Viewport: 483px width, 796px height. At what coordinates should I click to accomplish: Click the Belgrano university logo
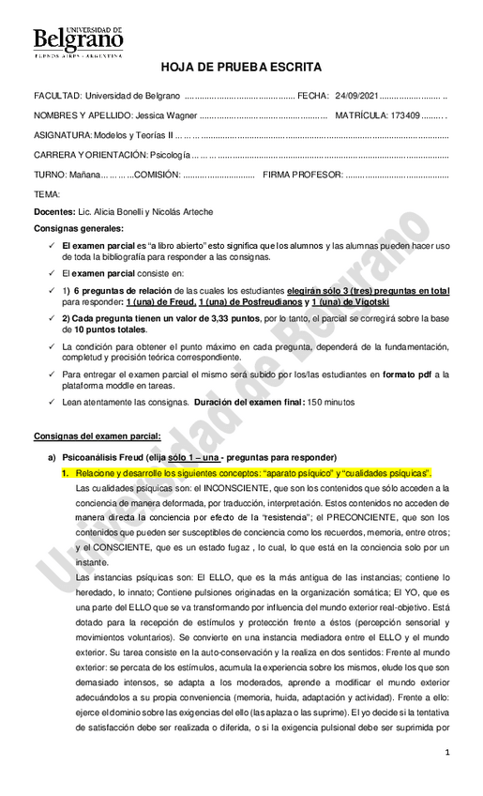[78, 42]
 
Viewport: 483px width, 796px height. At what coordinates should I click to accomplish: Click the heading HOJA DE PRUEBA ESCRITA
[241, 68]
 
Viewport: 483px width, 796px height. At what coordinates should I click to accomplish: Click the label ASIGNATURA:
[64, 135]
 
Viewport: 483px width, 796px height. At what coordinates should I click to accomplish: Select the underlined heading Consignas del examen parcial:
[97, 436]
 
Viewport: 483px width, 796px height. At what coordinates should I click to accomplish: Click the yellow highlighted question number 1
[67, 474]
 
